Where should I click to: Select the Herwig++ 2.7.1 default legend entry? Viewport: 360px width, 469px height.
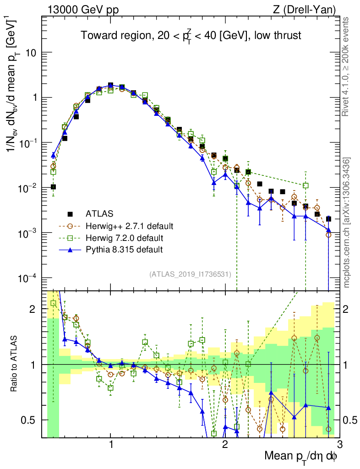click(129, 226)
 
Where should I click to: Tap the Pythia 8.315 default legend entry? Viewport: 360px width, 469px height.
click(124, 250)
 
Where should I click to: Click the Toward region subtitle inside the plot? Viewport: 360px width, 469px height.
click(191, 36)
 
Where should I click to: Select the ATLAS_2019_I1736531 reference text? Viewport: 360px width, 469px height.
click(190, 274)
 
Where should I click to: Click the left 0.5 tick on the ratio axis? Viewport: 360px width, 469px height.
click(31, 420)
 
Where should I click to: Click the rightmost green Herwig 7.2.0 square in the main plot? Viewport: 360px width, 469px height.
click(305, 185)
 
